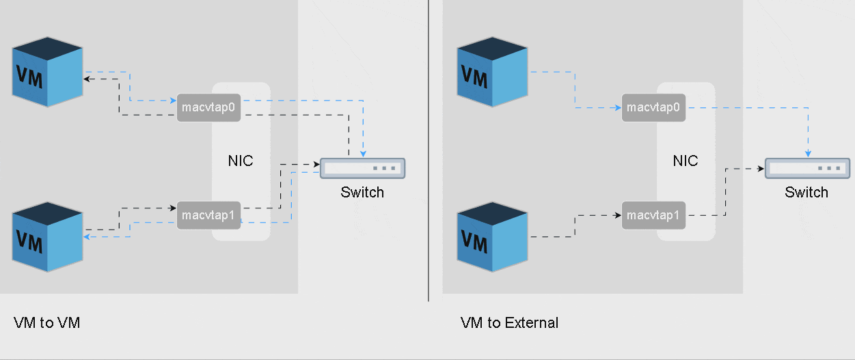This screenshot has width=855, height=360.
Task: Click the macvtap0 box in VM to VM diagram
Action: [x=208, y=107]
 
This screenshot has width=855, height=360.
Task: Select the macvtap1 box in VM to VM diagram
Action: [x=208, y=215]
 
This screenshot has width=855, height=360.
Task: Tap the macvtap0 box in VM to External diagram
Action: [x=653, y=107]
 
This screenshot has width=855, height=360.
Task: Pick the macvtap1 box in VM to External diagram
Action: [x=653, y=215]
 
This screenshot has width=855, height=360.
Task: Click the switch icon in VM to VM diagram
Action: [x=362, y=168]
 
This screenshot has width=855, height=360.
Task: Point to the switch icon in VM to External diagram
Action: [x=807, y=168]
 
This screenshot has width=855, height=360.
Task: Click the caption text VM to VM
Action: [x=46, y=322]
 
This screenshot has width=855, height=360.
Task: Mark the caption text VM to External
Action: [x=509, y=322]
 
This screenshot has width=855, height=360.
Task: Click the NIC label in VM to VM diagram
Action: [x=241, y=161]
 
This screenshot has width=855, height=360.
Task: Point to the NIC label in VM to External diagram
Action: [x=686, y=161]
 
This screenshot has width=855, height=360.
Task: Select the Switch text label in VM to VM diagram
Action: [x=362, y=192]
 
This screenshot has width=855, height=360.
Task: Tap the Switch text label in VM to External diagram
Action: [x=806, y=192]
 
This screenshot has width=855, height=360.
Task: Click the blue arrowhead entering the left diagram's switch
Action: [x=363, y=154]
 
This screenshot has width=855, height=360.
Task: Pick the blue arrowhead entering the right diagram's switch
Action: [x=808, y=154]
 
